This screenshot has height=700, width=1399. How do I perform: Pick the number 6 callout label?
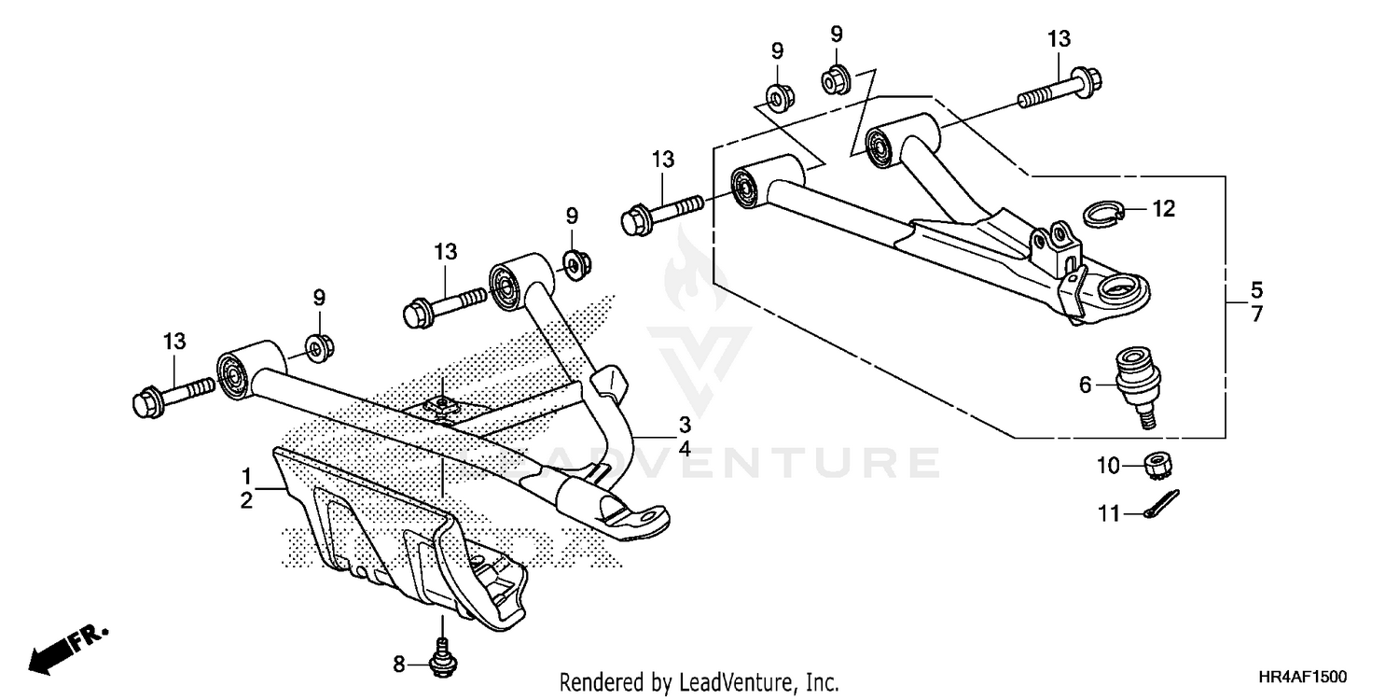tap(1085, 385)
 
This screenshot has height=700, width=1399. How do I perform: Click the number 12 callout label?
tap(1163, 210)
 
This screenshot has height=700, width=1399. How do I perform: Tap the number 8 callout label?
tap(399, 665)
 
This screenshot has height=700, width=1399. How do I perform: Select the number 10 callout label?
tap(1107, 464)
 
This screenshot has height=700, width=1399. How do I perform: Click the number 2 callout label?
tap(246, 500)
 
